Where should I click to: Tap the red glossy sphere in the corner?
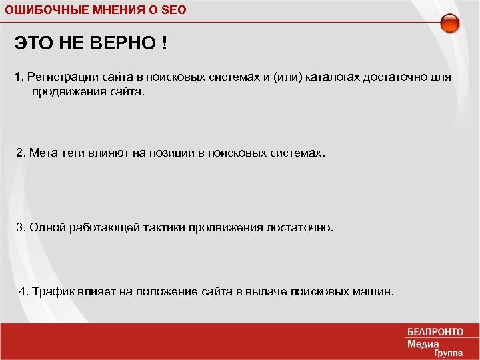coord(450,23)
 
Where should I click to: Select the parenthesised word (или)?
coord(286,77)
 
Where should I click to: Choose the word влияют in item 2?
coord(108,153)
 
